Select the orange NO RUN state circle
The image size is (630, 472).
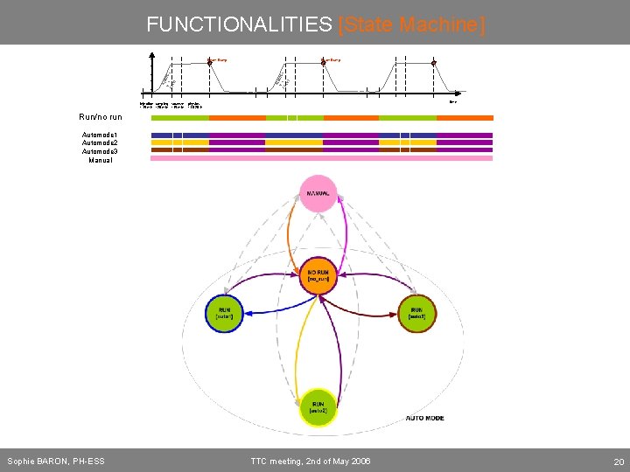[318, 277]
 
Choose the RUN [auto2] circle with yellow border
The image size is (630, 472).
[318, 408]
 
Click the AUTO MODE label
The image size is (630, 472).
[424, 419]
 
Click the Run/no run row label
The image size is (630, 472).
[99, 116]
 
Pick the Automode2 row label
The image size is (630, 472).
[99, 143]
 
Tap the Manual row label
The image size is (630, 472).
[101, 160]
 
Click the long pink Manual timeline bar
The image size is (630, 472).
[321, 158]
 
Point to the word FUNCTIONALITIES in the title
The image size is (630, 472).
[240, 24]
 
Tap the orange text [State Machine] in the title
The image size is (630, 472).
[410, 24]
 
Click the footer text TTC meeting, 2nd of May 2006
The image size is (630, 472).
[311, 461]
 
